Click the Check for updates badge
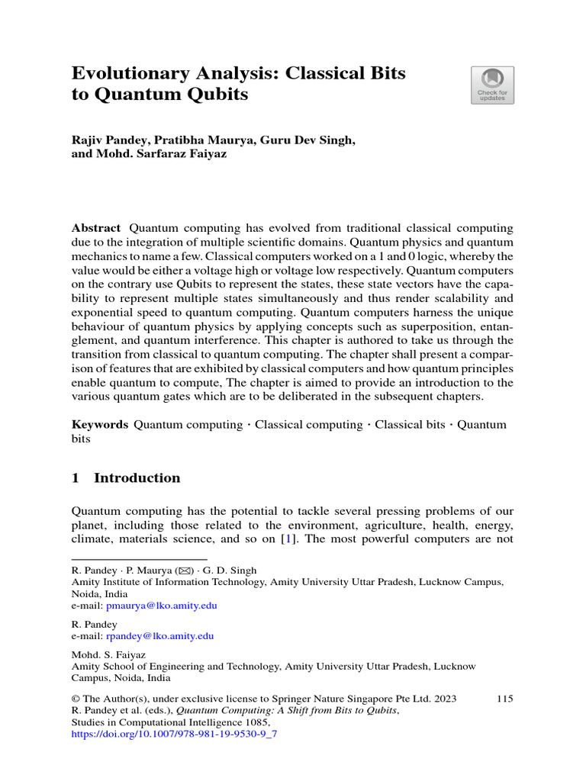[x=492, y=85]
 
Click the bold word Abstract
[x=95, y=228]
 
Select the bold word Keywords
[x=99, y=425]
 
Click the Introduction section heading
[x=137, y=478]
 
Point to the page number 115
[x=504, y=698]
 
